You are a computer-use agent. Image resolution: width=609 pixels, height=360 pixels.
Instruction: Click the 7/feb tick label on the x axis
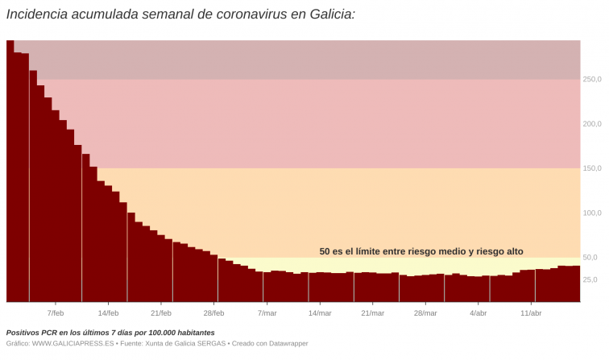[x=56, y=313]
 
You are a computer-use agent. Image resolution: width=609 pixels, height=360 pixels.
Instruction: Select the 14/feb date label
[x=108, y=313]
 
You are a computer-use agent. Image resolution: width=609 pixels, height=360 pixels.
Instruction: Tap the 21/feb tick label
[x=161, y=313]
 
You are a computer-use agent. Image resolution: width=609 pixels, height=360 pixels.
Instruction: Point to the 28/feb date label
[x=213, y=313]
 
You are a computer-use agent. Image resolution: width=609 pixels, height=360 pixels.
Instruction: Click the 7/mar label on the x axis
[x=267, y=313]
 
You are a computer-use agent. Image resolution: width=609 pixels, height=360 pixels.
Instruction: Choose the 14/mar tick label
[x=320, y=313]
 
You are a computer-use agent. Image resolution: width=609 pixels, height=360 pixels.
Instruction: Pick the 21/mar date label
[x=372, y=313]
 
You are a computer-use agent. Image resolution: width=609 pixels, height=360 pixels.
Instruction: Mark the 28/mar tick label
[x=425, y=313]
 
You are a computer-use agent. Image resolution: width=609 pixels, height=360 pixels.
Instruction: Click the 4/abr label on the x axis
[x=478, y=313]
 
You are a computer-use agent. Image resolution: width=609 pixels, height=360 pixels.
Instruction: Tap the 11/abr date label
[x=531, y=313]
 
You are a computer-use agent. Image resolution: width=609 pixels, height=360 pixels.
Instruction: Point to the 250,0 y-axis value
[x=592, y=79]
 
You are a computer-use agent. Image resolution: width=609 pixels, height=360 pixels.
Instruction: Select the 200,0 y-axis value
[x=592, y=124]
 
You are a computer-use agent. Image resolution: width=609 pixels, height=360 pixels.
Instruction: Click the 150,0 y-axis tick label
[x=592, y=168]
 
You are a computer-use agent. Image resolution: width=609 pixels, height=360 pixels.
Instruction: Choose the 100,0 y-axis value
[x=592, y=213]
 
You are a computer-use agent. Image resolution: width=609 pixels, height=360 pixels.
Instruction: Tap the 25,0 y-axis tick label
[x=590, y=280]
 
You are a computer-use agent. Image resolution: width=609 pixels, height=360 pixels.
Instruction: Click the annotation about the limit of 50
[x=421, y=251]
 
